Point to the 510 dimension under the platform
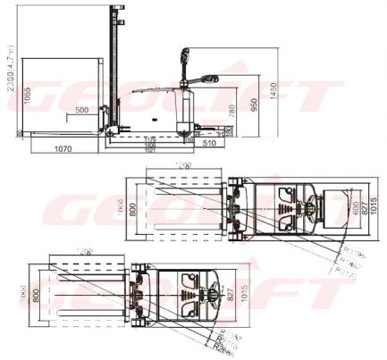(x=211, y=141)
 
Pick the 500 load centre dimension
(x=82, y=110)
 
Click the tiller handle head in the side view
(x=212, y=79)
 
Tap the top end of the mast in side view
(x=113, y=8)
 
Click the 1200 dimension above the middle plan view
(x=186, y=167)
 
